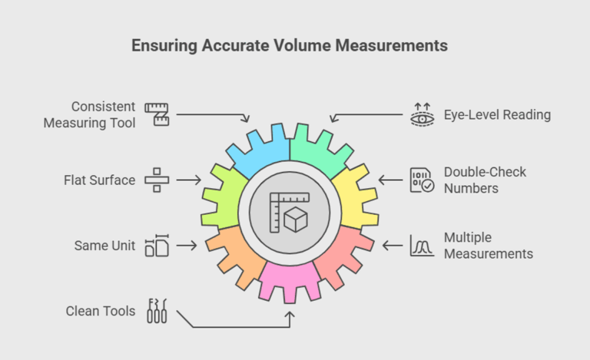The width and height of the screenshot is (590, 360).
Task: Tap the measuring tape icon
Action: (157, 114)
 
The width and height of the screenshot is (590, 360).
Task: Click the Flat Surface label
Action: (99, 180)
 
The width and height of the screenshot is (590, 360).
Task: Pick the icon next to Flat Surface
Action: (156, 180)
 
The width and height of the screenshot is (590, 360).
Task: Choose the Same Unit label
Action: (104, 246)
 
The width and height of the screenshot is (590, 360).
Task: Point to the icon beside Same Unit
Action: (156, 246)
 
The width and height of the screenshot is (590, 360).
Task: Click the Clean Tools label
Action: (100, 311)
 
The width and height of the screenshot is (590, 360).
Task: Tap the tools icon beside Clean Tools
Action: (156, 311)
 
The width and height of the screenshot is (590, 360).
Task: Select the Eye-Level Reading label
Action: (497, 115)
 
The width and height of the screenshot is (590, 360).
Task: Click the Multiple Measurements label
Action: (489, 246)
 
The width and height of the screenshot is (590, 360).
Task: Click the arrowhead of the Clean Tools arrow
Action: (290, 315)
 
